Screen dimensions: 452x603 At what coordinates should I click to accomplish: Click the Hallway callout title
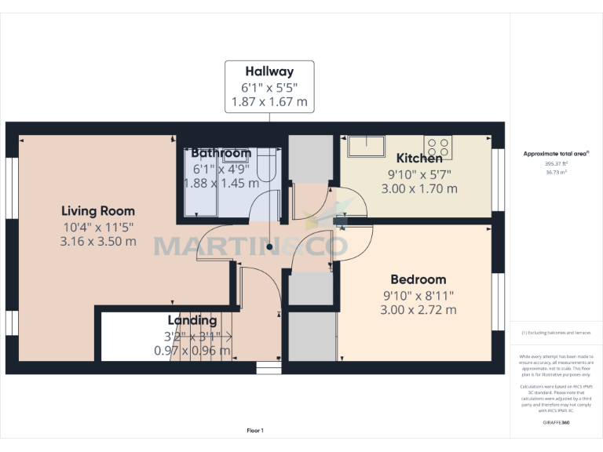(269, 71)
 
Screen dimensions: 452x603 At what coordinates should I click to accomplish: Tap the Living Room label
(98, 211)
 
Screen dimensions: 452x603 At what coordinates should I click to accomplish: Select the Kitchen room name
(419, 159)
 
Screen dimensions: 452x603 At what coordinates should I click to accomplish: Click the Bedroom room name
(418, 279)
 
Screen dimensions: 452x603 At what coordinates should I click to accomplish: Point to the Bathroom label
(221, 153)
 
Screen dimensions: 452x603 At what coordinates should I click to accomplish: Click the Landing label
(192, 320)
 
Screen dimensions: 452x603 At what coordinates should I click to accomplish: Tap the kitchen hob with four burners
(438, 147)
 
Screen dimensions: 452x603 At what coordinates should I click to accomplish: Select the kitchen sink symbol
(367, 147)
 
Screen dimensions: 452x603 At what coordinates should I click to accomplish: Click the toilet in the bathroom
(266, 167)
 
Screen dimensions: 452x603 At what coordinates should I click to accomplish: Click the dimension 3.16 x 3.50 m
(98, 242)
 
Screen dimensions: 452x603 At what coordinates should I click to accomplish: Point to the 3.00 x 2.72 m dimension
(418, 310)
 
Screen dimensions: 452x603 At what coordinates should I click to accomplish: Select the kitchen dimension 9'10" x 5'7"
(419, 174)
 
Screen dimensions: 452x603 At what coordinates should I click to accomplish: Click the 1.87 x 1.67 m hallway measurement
(269, 102)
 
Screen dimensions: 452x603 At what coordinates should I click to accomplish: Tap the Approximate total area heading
(557, 154)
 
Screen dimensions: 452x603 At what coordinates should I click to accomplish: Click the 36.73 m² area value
(555, 172)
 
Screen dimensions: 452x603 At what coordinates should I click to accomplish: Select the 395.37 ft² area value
(555, 163)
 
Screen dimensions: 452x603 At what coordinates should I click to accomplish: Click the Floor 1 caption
(255, 430)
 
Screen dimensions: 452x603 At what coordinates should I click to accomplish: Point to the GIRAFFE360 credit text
(556, 423)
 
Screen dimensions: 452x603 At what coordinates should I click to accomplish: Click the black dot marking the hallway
(269, 247)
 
